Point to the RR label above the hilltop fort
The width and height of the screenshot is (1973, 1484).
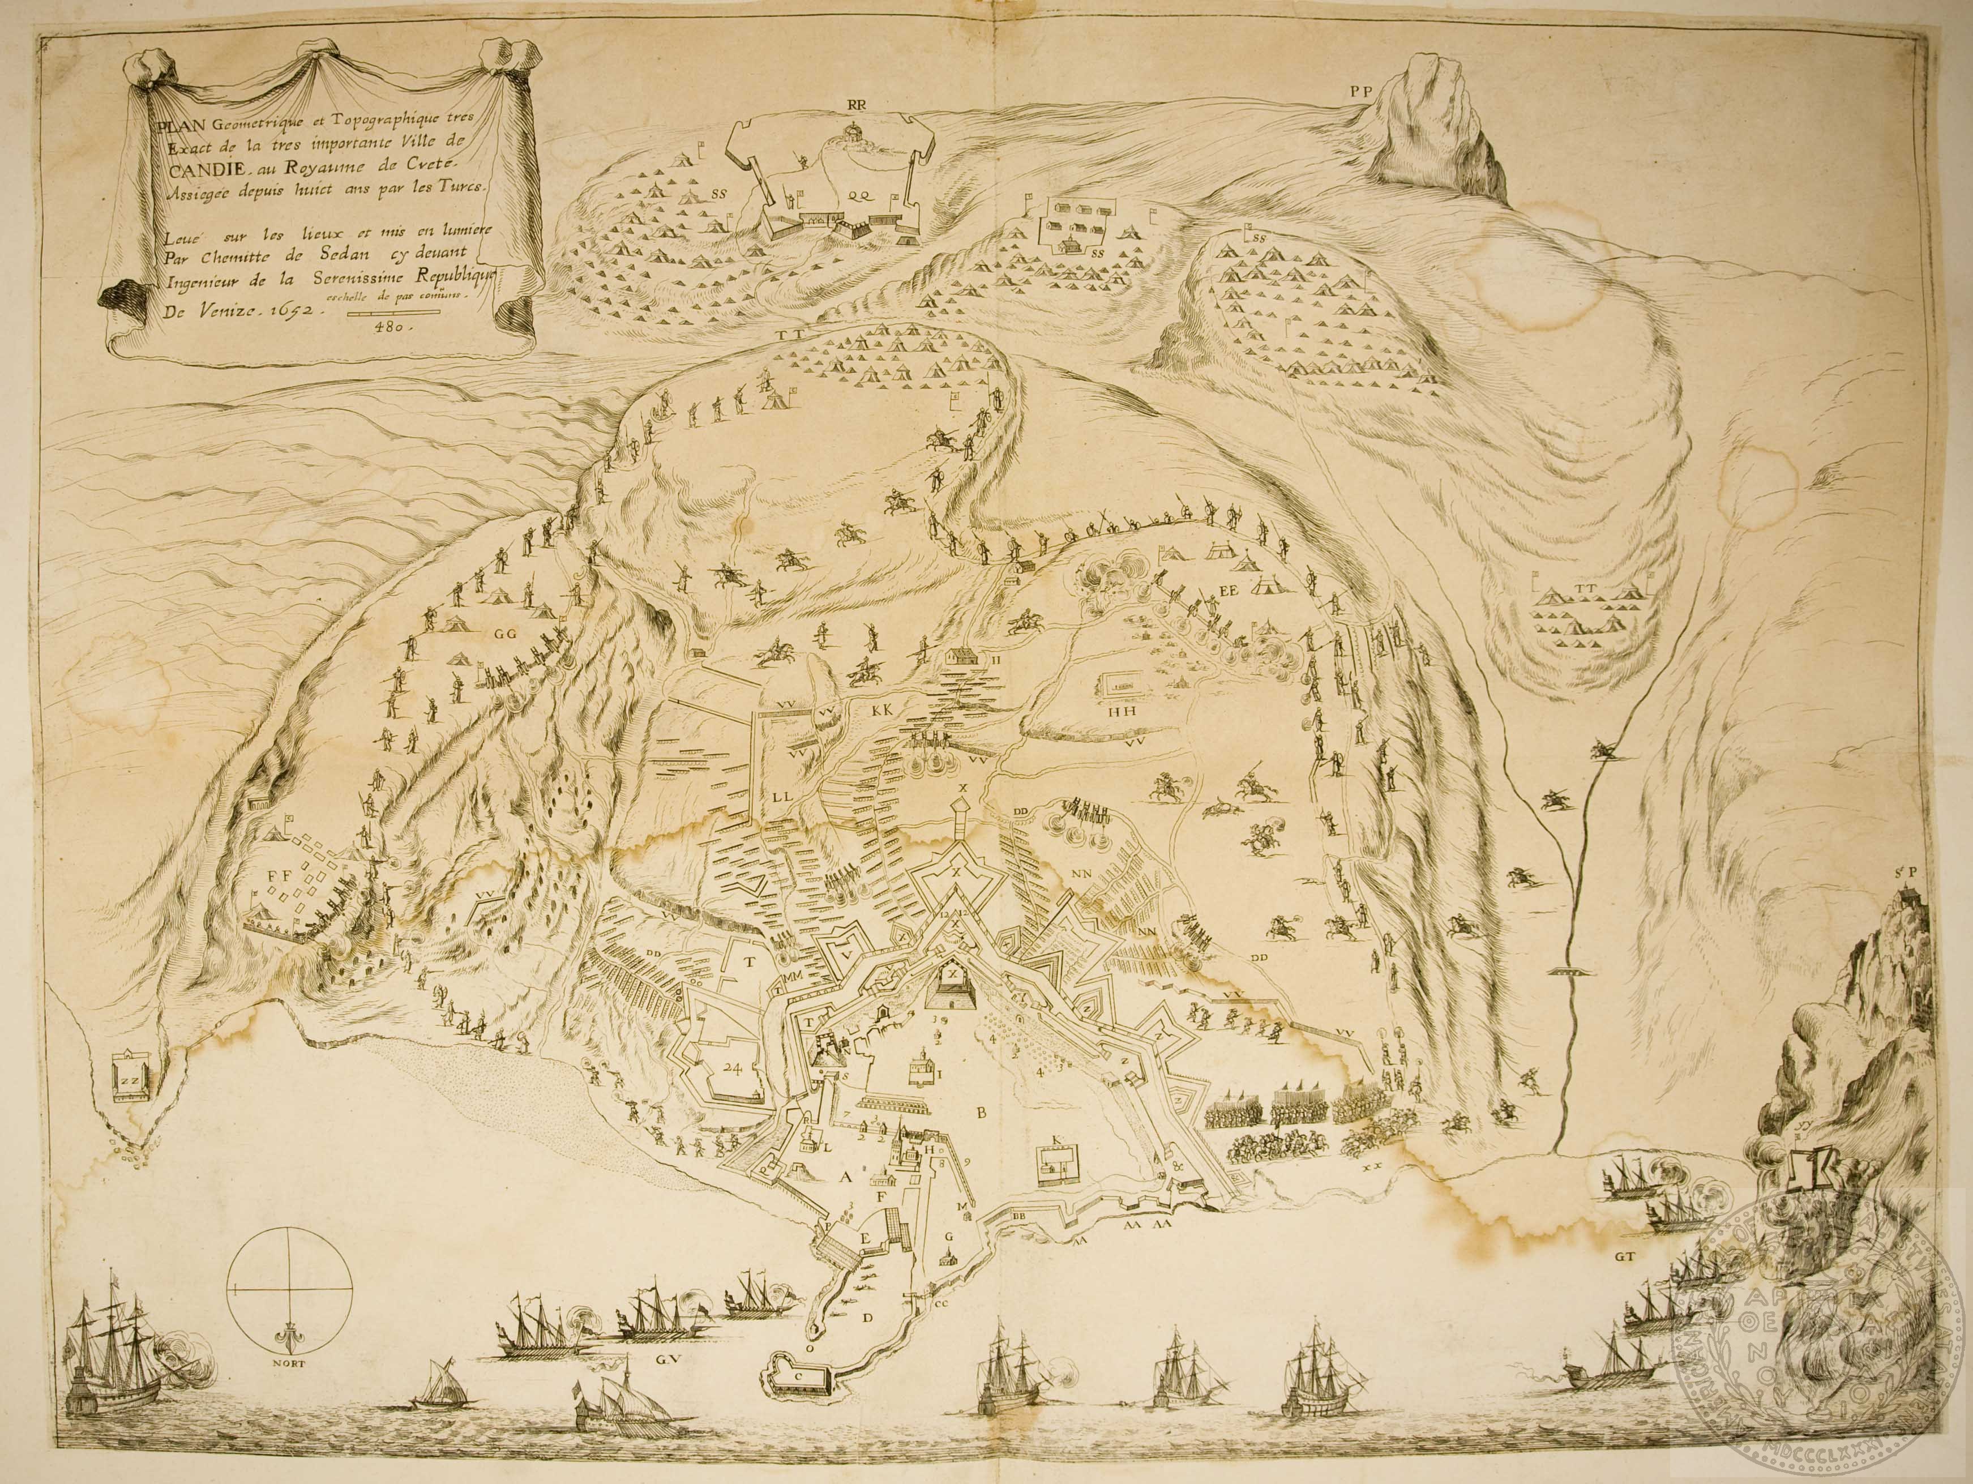coord(858,104)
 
